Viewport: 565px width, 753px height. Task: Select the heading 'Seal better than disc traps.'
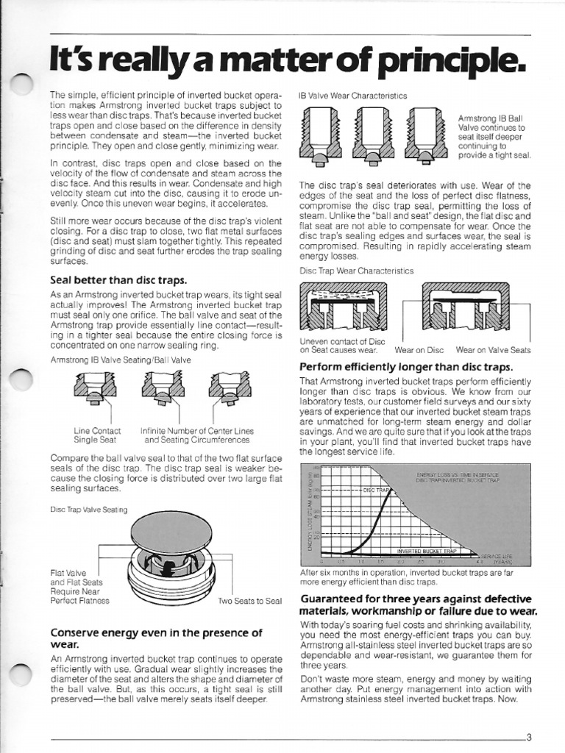tap(118, 279)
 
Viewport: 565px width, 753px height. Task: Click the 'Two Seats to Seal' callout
tap(250, 601)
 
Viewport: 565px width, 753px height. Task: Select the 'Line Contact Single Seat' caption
tap(98, 435)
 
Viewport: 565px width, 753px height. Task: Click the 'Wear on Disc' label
tap(419, 350)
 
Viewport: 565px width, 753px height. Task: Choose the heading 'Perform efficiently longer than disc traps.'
tap(406, 366)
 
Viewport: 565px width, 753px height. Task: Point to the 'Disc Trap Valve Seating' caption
tap(88, 510)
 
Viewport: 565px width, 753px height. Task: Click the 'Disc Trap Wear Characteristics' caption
tap(356, 271)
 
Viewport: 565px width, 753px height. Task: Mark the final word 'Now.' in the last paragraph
tap(507, 699)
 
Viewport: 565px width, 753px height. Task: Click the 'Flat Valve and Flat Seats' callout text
tap(74, 577)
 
